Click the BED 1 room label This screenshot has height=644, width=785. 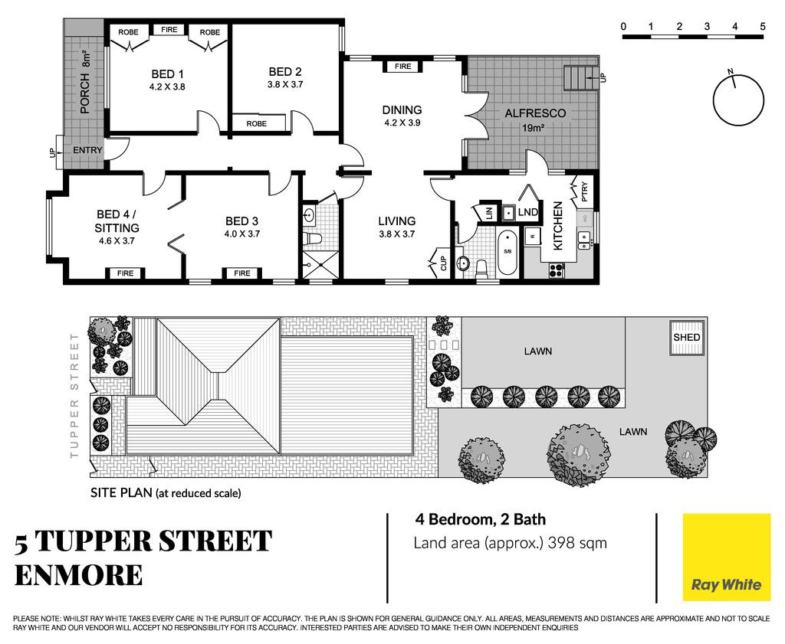click(x=167, y=74)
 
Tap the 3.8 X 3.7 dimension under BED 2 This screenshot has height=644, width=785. click(x=285, y=84)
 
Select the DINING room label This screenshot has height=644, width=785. click(x=402, y=110)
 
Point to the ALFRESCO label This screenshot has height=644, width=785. click(x=534, y=113)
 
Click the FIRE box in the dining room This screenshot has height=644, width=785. click(x=402, y=67)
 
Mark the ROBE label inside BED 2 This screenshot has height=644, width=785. click(x=256, y=123)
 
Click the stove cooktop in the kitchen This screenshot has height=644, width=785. click(x=557, y=270)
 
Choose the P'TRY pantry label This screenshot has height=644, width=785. click(x=583, y=191)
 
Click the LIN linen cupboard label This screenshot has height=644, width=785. click(x=490, y=213)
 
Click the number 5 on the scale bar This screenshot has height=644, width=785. click(x=762, y=27)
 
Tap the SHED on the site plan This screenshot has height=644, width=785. click(x=686, y=338)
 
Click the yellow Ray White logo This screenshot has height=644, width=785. click(x=727, y=557)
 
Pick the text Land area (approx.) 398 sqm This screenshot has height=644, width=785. click(x=510, y=543)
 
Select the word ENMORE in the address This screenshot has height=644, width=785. click(x=79, y=575)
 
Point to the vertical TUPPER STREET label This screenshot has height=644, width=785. click(x=74, y=396)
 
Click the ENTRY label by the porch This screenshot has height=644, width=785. click(x=87, y=150)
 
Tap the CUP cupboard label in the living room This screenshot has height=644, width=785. click(x=443, y=263)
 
